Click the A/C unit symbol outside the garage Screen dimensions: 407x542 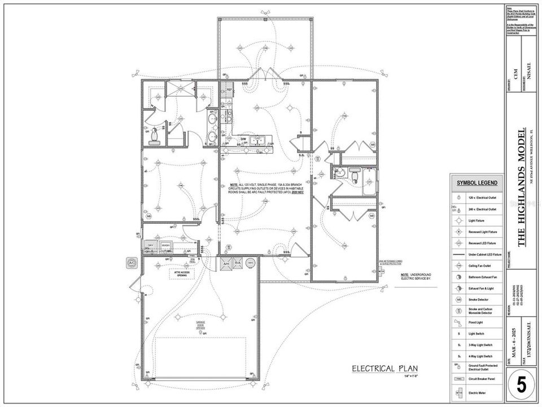pyautogui.click(x=132, y=263)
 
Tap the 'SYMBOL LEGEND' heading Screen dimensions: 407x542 pyautogui.click(x=477, y=183)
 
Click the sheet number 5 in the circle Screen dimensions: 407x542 pyautogui.click(x=521, y=384)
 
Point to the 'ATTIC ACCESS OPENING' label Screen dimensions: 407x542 pyautogui.click(x=181, y=274)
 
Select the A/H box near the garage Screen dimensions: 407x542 pyautogui.click(x=225, y=263)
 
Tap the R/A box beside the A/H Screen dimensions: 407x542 pyautogui.click(x=238, y=263)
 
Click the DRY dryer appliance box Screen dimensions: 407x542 pyautogui.click(x=151, y=245)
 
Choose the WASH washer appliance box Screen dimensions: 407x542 pyautogui.click(x=166, y=245)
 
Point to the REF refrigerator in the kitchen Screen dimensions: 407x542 pyautogui.click(x=229, y=90)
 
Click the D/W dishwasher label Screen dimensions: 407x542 pyautogui.click(x=243, y=138)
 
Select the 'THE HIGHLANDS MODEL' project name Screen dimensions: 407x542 pyautogui.click(x=521, y=187)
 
